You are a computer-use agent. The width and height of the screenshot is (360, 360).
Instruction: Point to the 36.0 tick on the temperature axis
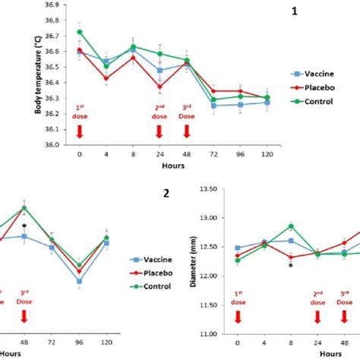pyautogui.click(x=56, y=155)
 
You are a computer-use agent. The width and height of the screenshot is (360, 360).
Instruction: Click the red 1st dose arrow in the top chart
pyautogui.click(x=80, y=132)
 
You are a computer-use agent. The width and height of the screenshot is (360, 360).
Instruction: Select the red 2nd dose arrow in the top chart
pyautogui.click(x=159, y=132)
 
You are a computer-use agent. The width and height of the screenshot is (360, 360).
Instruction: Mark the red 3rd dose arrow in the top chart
pyautogui.click(x=186, y=132)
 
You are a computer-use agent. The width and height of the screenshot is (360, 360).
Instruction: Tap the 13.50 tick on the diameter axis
pyautogui.click(x=207, y=188)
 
